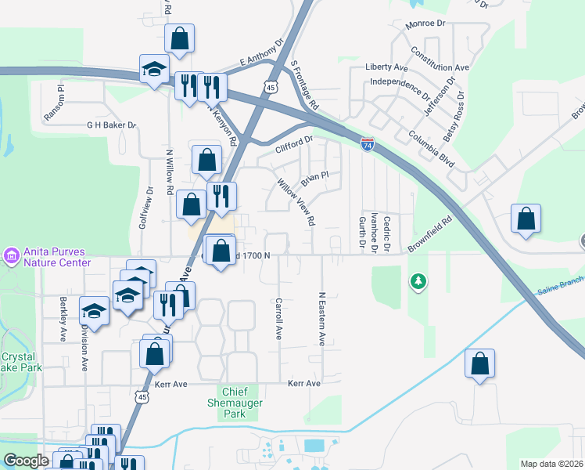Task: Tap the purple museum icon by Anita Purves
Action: pyautogui.click(x=11, y=255)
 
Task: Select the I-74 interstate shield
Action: pyautogui.click(x=367, y=144)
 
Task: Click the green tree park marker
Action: pyautogui.click(x=419, y=280)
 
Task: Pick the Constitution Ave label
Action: pyautogui.click(x=440, y=59)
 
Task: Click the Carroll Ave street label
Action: pyautogui.click(x=278, y=319)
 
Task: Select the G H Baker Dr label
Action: pyautogui.click(x=111, y=125)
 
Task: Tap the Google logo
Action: pyautogui.click(x=26, y=461)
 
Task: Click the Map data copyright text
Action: pyautogui.click(x=551, y=464)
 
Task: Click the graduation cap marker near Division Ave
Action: pyautogui.click(x=95, y=312)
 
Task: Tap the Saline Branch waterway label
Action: pyautogui.click(x=560, y=289)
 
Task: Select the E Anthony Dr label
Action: pyautogui.click(x=260, y=54)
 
